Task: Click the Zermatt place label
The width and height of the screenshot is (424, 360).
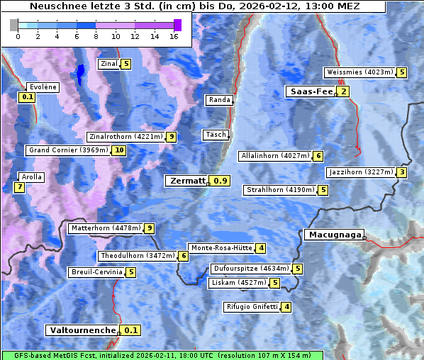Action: pos(186,181)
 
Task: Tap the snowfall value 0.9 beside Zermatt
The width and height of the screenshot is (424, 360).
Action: pos(221,181)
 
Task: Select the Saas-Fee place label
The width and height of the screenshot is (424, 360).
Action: pos(310,91)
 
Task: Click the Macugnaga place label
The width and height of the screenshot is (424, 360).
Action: pos(333,235)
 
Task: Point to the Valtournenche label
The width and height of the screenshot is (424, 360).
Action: pos(82,330)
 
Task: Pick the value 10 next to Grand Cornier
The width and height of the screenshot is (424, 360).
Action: pos(118,150)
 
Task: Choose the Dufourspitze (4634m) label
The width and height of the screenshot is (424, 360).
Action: pos(251,269)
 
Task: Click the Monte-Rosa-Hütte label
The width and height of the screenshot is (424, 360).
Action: pos(221,248)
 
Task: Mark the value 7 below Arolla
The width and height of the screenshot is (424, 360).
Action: pos(19,187)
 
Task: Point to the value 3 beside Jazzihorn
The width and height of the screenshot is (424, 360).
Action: pos(402,172)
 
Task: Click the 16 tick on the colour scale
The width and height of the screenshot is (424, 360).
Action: pos(174,36)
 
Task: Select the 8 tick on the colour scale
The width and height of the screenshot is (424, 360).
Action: pos(96,36)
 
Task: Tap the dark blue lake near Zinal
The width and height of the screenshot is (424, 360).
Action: pos(80,73)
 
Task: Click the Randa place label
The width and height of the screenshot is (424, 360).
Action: pos(219,100)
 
